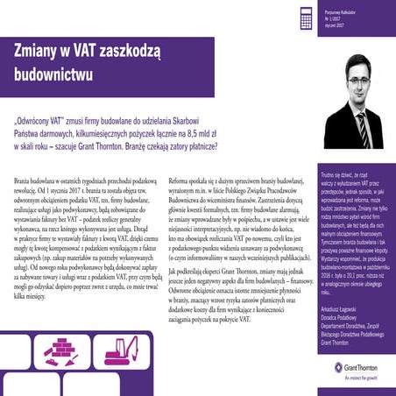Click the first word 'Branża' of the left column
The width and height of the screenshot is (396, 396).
(x=24, y=178)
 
